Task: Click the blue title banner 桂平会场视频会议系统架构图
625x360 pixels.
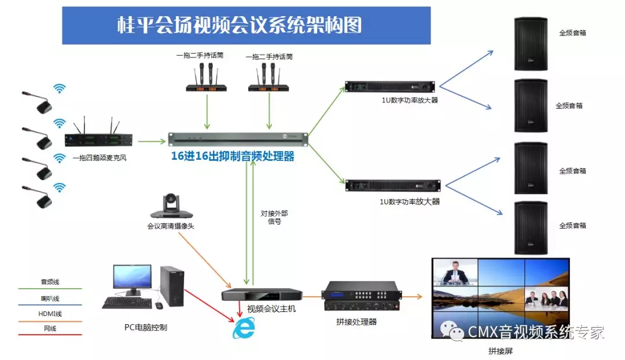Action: pos(246,25)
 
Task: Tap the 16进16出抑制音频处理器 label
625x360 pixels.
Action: pos(233,156)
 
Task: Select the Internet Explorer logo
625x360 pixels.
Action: pos(244,328)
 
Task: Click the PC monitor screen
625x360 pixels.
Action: pos(132,277)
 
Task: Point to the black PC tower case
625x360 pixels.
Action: pos(172,286)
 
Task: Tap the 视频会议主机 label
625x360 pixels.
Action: pos(271,309)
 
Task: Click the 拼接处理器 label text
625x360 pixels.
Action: pos(356,321)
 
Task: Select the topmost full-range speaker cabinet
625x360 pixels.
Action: pos(531,44)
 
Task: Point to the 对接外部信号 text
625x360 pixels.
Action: pos(274,217)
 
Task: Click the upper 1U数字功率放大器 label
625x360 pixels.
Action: pos(409,100)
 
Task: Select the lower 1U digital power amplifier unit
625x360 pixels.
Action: pos(391,185)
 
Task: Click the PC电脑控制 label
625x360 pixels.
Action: pos(146,327)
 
